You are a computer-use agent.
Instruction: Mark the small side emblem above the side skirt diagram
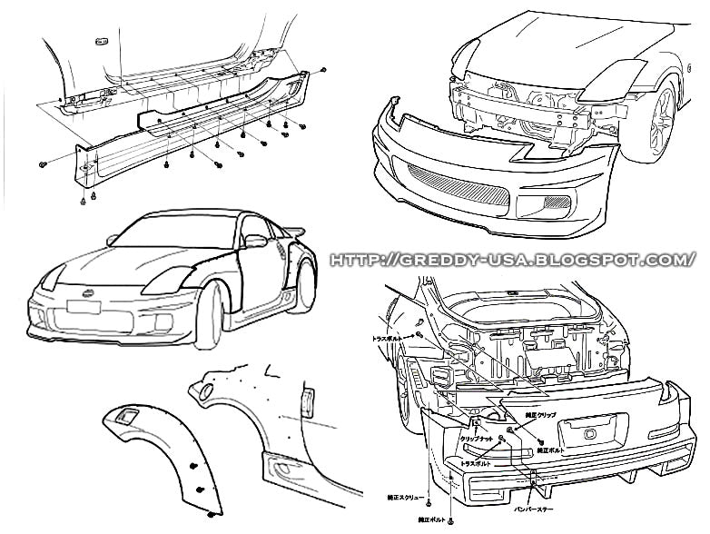tap(101, 38)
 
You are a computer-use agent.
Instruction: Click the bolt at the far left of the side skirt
tap(43, 163)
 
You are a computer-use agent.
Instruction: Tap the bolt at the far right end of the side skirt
tap(324, 70)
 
